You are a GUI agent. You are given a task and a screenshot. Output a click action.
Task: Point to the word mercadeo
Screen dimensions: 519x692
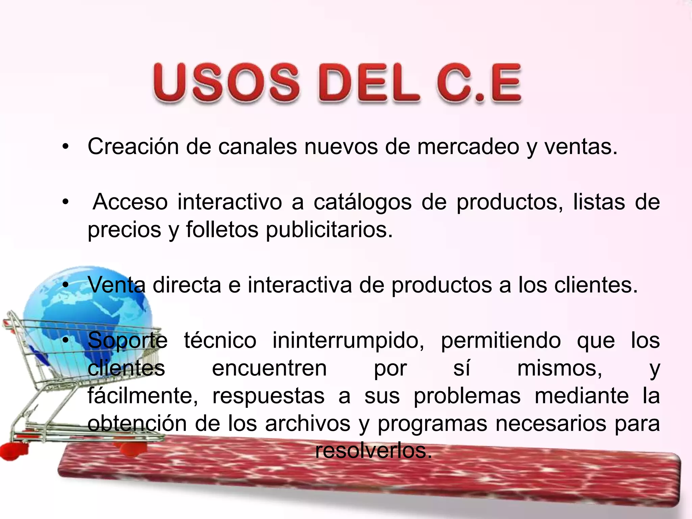(x=468, y=147)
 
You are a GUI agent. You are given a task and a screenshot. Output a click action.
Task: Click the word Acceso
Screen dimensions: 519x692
(x=130, y=202)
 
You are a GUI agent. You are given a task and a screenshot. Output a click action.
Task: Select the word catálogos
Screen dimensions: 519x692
(x=363, y=202)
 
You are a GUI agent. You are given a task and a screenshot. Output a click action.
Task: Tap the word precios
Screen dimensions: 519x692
(x=124, y=230)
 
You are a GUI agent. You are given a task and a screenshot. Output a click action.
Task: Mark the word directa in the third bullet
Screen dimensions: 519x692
(x=187, y=285)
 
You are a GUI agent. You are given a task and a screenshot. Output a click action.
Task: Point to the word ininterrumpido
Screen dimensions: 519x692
(x=348, y=341)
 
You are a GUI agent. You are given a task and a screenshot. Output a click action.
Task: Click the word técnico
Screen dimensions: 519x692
(x=220, y=341)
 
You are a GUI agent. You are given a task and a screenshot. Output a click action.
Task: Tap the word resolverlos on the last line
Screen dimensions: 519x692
(x=374, y=451)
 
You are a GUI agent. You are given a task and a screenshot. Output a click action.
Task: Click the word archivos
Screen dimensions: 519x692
(x=307, y=424)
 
